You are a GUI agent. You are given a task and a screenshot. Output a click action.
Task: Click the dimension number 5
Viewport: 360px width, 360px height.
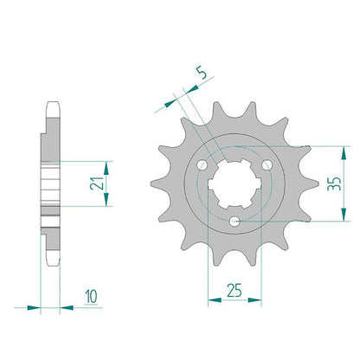pos(203,73)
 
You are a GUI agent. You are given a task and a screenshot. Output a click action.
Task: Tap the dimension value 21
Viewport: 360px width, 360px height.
pos(97,183)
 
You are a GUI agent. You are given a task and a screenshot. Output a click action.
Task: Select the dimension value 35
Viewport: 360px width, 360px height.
pos(334,183)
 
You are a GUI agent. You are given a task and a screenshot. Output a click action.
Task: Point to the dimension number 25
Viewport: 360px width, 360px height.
pos(234,290)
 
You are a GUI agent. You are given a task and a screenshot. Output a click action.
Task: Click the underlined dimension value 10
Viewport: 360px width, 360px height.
pos(92,296)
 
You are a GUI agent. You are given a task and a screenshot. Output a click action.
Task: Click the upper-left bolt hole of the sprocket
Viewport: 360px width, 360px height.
pos(202,165)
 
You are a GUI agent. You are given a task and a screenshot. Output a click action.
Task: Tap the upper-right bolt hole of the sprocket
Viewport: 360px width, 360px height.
pos(267,165)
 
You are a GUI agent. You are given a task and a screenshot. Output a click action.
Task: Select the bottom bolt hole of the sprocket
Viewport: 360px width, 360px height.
pos(235,222)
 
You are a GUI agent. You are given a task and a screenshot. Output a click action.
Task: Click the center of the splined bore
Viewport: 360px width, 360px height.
pos(235,184)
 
